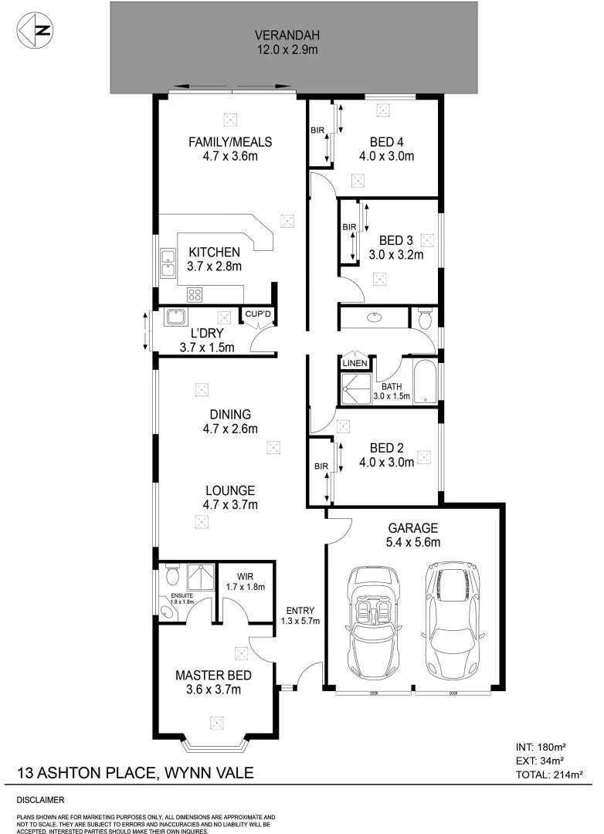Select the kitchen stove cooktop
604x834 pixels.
195,293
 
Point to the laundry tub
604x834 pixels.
175,317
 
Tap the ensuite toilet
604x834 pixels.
171,576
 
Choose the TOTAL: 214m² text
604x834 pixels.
548,774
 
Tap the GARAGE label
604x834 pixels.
413,528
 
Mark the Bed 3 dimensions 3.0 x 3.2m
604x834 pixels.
396,256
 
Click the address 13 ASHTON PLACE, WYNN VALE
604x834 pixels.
135,773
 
